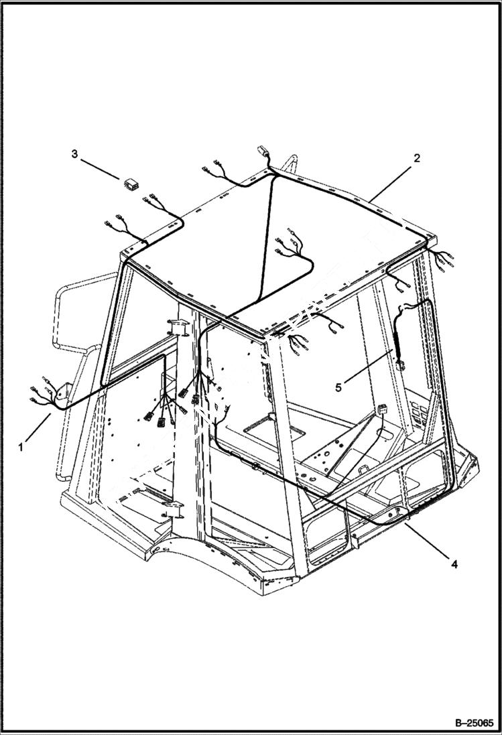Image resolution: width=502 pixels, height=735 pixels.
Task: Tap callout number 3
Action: pos(74,154)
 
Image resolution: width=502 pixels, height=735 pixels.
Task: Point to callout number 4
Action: pos(454,564)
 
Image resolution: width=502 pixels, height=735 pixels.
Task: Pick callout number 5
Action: pos(339,387)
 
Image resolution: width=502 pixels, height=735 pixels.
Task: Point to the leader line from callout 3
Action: pos(101,168)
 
